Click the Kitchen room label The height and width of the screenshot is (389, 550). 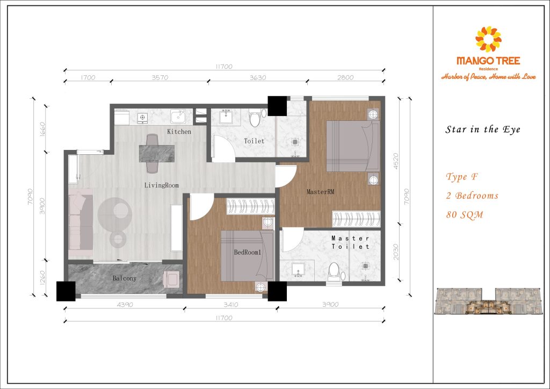[179, 132]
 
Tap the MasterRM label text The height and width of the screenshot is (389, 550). [320, 191]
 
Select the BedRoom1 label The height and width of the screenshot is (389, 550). [248, 252]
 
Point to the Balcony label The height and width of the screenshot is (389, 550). [124, 278]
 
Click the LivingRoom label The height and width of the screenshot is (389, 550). [161, 185]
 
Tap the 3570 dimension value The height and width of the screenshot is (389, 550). [160, 77]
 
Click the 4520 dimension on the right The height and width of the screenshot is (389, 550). [396, 161]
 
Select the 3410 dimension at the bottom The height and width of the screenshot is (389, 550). [231, 305]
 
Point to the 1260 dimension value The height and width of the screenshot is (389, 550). [42, 277]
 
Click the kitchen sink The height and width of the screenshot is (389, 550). [178, 116]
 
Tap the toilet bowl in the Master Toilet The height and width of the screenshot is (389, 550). [334, 271]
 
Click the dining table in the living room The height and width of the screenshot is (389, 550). [157, 154]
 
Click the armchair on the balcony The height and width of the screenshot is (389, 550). [171, 279]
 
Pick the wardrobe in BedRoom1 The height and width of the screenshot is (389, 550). [250, 206]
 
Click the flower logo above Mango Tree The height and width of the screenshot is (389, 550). [488, 39]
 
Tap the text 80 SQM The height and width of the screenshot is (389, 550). [465, 215]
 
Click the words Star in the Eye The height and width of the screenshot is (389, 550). [483, 129]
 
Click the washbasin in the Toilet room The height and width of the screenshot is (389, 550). [226, 117]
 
